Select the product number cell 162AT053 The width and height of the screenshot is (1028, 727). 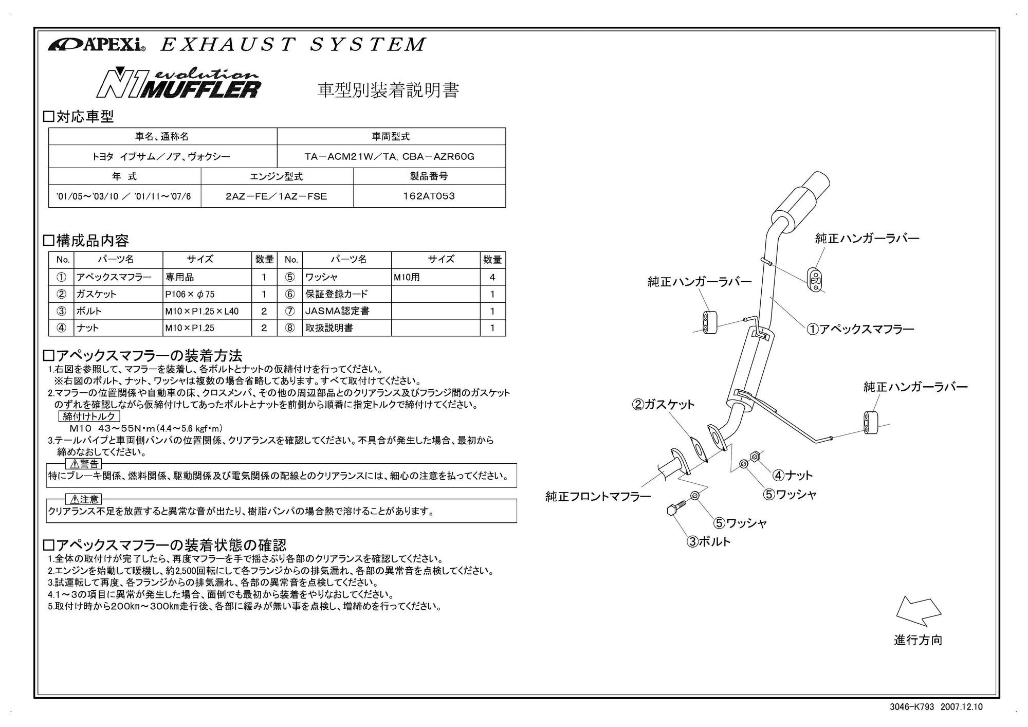pos(429,196)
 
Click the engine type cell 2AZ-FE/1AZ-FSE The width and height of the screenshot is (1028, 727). pos(277,196)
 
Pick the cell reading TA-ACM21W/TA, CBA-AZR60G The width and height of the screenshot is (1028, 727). pos(391,156)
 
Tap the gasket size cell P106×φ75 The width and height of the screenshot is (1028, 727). pos(207,294)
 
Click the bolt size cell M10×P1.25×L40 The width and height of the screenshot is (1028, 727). pos(207,311)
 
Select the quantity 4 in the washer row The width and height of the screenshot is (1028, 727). pos(492,277)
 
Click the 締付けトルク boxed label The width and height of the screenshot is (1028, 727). pos(89,416)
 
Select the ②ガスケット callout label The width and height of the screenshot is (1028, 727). pos(663,405)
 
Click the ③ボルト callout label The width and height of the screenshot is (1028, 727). pos(708,541)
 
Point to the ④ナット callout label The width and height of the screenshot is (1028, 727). pos(793,475)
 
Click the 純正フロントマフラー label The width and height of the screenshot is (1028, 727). pos(598,497)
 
